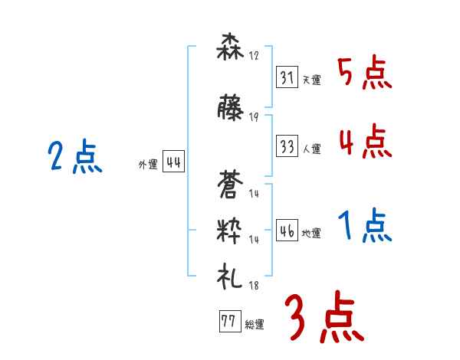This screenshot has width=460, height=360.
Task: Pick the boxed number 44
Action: click(x=173, y=162)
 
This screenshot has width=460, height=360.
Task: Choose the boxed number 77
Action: click(x=227, y=322)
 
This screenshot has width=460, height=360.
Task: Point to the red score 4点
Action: click(x=364, y=142)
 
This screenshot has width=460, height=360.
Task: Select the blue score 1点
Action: click(x=366, y=227)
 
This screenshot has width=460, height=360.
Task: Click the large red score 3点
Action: click(x=324, y=317)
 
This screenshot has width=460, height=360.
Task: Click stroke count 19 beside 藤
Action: click(x=254, y=117)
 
